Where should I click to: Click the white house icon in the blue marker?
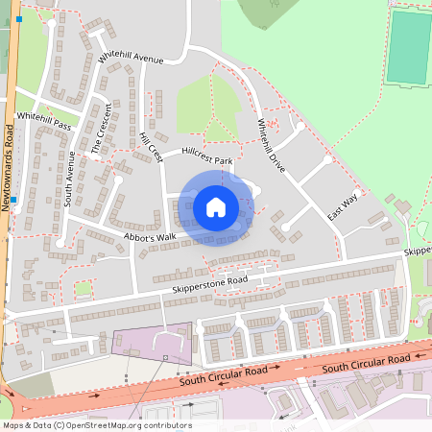pos(216,206)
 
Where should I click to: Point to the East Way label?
pos(343,205)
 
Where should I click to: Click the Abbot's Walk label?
pos(150,236)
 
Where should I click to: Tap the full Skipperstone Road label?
pos(209,281)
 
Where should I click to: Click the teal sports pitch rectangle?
pos(409,48)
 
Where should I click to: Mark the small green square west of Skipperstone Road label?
pos(84,288)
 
